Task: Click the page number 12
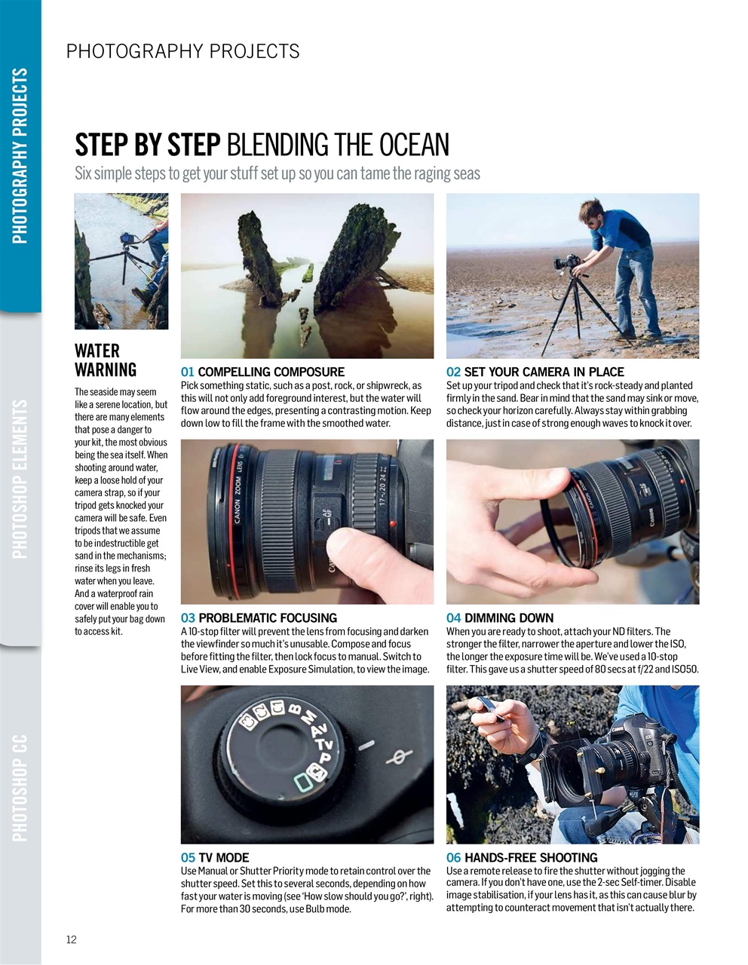tap(72, 939)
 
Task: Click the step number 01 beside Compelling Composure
tap(188, 372)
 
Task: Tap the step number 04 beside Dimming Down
tap(453, 617)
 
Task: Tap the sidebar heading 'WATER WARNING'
tap(106, 360)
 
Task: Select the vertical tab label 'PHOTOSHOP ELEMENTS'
tap(20, 479)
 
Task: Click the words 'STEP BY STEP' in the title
tap(147, 145)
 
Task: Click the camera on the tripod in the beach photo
tap(566, 263)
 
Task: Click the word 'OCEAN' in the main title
tap(414, 145)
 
